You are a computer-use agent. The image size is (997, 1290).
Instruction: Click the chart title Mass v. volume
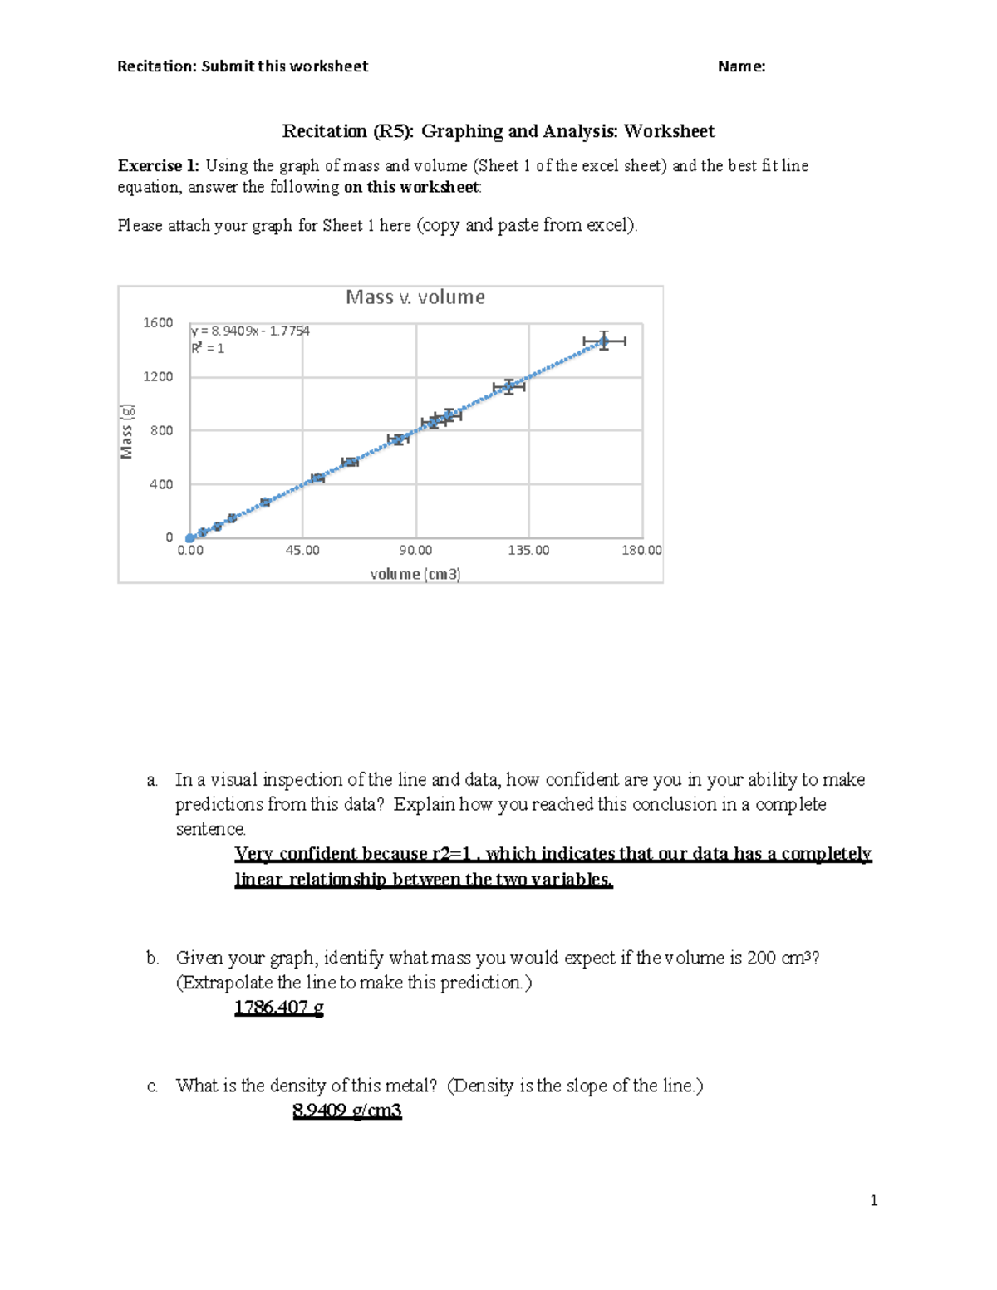(x=415, y=297)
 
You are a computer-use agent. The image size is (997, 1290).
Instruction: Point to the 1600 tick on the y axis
(x=158, y=322)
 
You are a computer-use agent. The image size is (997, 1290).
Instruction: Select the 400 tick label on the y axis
(x=160, y=484)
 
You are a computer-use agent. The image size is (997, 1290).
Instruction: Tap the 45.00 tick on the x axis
(x=302, y=550)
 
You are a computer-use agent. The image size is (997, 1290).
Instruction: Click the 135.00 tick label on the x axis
(x=529, y=550)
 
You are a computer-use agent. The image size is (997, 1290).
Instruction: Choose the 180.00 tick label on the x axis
(x=641, y=550)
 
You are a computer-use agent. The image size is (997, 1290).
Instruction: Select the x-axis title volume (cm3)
(x=415, y=574)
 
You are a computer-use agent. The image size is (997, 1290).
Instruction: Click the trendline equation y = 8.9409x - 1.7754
(x=250, y=331)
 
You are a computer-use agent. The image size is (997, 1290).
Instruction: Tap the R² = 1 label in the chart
(x=208, y=348)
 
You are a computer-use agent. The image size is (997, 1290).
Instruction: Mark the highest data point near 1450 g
(x=604, y=341)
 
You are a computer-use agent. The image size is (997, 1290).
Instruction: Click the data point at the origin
(x=190, y=537)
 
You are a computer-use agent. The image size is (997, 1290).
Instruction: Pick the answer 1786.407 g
(x=278, y=1008)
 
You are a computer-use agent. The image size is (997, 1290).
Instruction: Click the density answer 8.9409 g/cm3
(x=346, y=1111)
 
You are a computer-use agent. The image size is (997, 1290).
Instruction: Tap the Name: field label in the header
(x=741, y=66)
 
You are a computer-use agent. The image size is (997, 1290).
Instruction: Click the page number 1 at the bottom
(x=873, y=1200)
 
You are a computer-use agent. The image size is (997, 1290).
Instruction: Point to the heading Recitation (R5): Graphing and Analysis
(x=498, y=131)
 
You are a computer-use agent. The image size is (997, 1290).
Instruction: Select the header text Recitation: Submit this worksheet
(x=243, y=66)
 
